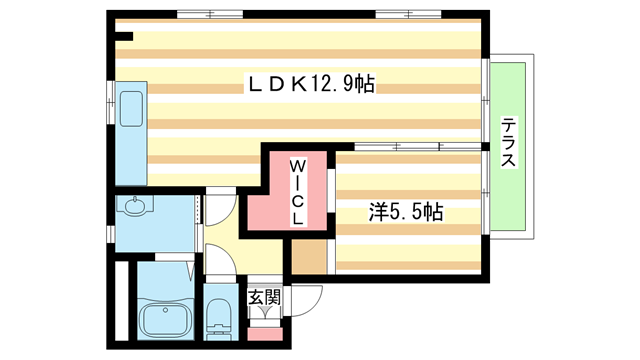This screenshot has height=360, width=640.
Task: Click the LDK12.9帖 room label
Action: (311, 86)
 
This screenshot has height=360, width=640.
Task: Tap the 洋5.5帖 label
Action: (406, 212)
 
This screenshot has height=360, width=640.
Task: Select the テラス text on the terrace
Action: (509, 143)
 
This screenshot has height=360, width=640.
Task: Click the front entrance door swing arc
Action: (313, 296)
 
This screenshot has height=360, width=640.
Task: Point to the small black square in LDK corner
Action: (124, 38)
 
